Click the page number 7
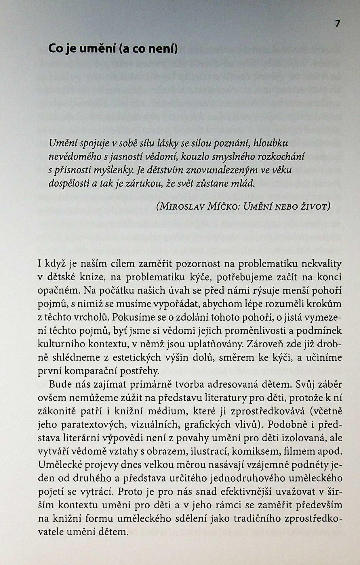[x=338, y=24]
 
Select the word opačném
[x=59, y=291]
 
